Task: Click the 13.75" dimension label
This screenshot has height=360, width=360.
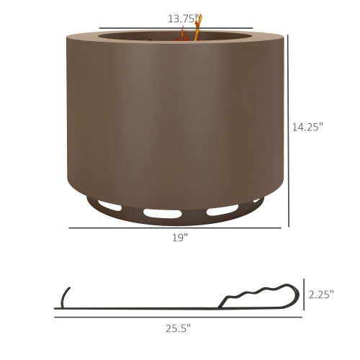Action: point(184,17)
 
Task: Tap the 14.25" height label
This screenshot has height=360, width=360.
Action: point(307,127)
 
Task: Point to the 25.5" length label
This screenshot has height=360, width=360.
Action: point(178,328)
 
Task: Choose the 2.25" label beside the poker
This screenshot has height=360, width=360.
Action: point(321,294)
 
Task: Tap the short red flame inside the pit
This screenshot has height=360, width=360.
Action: point(182,34)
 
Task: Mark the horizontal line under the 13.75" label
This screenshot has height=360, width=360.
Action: point(176,27)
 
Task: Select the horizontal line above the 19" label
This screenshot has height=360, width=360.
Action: point(175,228)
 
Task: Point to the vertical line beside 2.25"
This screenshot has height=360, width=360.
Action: point(304,294)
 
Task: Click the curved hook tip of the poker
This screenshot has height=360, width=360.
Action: point(64,295)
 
